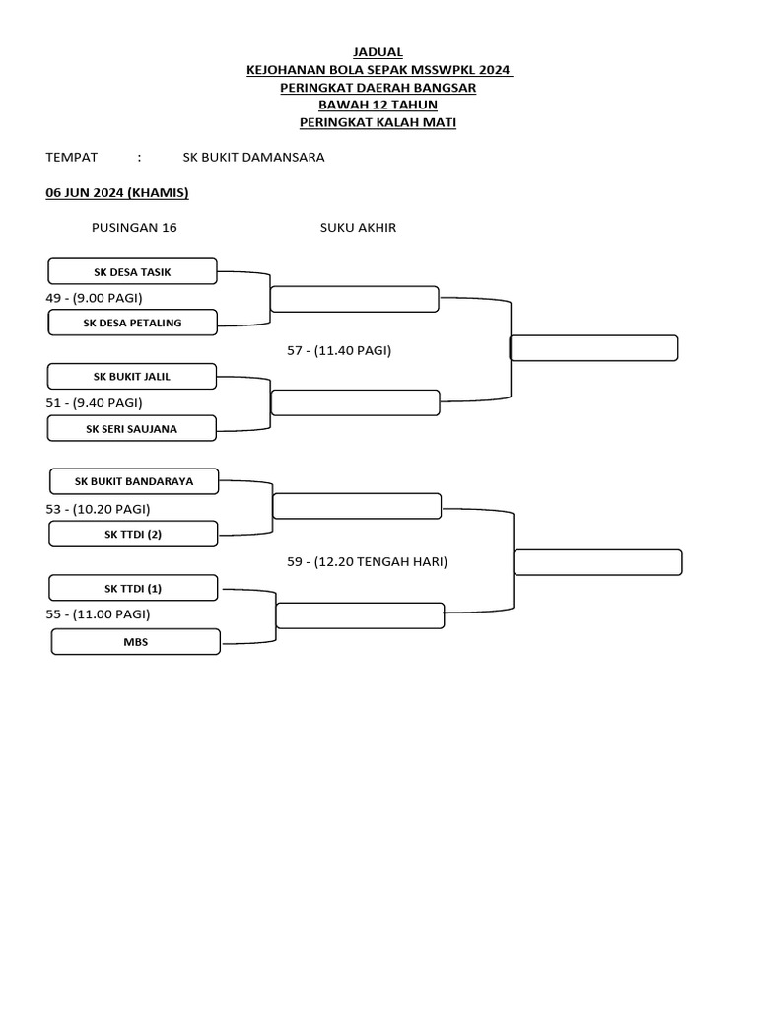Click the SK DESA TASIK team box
[132, 271]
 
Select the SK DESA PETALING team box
[132, 323]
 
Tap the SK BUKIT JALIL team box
[132, 376]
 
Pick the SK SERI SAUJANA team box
[132, 428]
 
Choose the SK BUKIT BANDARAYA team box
[134, 481]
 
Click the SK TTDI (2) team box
[133, 535]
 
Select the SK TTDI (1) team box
[133, 588]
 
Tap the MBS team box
[135, 642]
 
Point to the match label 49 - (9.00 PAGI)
[101, 297]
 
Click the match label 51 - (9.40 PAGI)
[101, 402]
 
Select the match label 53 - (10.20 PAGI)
[104, 508]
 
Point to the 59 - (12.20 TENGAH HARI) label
[367, 561]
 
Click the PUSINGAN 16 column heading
[134, 227]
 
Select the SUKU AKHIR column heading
[358, 227]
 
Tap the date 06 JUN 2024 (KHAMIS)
[117, 192]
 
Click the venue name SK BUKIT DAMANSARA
[253, 157]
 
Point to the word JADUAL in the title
[378, 51]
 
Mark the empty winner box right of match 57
[593, 348]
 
